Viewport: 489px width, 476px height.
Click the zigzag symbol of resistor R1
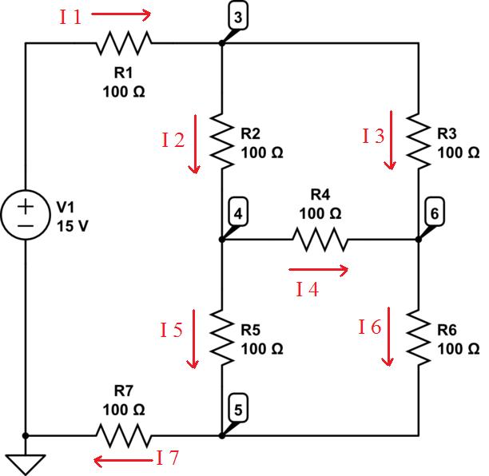[x=124, y=44]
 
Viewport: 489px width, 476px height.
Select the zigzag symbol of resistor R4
[x=320, y=239]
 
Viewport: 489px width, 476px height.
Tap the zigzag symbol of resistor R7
[x=124, y=436]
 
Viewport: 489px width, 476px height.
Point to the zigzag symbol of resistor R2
[x=222, y=141]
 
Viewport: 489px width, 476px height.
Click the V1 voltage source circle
[x=26, y=216]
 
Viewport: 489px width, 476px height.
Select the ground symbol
[x=26, y=462]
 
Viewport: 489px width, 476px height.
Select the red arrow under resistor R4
[x=318, y=270]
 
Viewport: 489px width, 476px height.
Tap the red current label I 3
[x=373, y=137]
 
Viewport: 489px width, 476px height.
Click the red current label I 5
[x=172, y=328]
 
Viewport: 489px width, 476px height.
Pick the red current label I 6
[x=370, y=326]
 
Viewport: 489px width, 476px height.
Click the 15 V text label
[x=73, y=225]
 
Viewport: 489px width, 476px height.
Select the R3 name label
[x=448, y=134]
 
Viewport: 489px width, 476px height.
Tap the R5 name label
[x=252, y=331]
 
